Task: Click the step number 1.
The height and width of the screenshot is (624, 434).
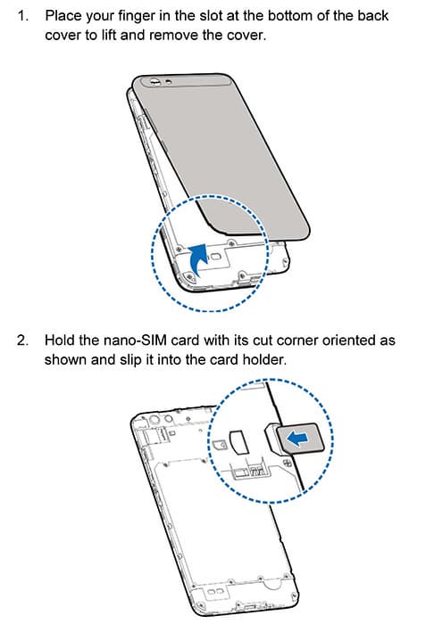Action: (22, 16)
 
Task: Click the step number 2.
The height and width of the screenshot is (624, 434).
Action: (22, 341)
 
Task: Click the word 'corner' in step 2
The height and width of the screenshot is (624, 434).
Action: (297, 341)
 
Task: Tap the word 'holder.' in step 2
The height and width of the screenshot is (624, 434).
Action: (264, 360)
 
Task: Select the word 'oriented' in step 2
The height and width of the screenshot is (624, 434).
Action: (350, 341)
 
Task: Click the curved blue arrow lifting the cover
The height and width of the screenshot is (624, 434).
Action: (198, 259)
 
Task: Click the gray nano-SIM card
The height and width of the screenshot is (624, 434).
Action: (300, 439)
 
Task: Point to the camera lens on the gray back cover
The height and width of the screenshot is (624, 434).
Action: (154, 82)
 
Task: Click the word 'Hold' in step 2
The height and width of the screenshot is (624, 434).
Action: (60, 341)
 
